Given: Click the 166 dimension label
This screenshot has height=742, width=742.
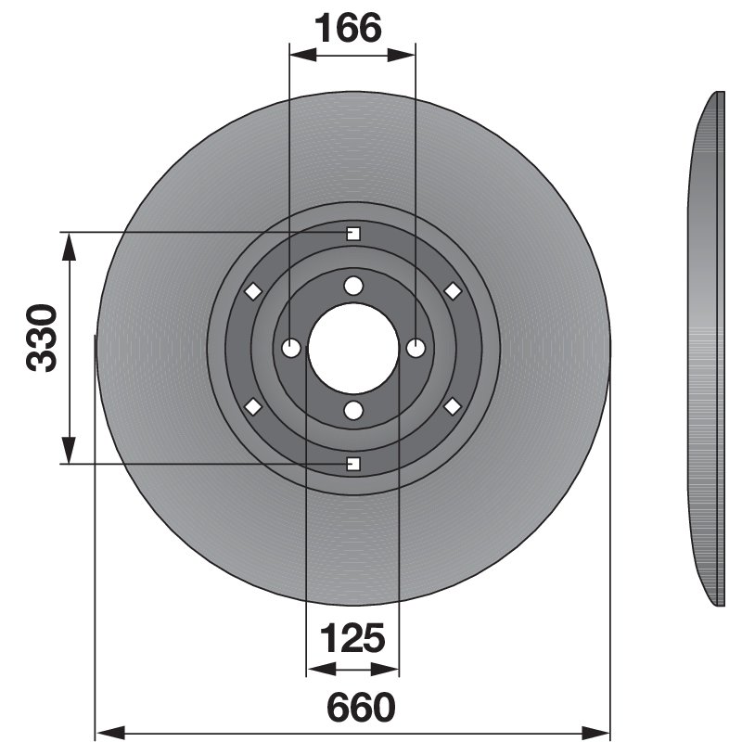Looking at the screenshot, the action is pos(348,29).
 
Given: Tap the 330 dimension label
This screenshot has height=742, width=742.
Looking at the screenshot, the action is pos(42,338).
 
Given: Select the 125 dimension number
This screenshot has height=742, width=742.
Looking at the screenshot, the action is pos(352,638).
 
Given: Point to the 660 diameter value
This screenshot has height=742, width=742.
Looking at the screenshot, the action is pos(361,708).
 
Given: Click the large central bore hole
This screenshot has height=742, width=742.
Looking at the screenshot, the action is pos(353,349).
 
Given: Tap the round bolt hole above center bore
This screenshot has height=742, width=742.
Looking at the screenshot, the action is pos(353,286).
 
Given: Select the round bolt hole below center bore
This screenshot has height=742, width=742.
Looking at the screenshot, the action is pos(353,410).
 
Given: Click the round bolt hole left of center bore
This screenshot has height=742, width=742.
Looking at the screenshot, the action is pos(290,349).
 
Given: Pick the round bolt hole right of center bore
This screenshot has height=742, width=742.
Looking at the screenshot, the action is pos(416,349).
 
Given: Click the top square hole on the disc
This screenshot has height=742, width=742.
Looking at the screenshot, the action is pos(353,234).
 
